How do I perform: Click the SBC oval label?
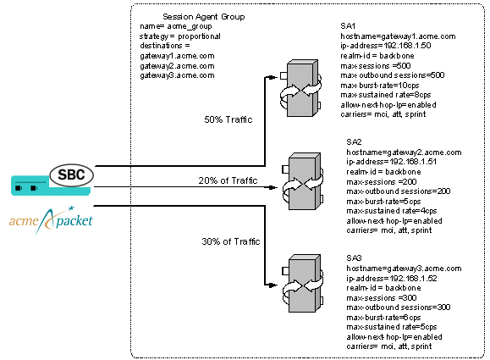[x=71, y=175]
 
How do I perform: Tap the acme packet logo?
[x=52, y=220]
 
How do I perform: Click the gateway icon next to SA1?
[x=302, y=86]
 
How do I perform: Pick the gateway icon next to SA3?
[x=302, y=281]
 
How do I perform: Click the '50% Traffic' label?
[x=228, y=119]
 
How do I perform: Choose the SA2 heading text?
[x=354, y=141]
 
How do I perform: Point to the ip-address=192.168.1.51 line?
[x=390, y=161]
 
